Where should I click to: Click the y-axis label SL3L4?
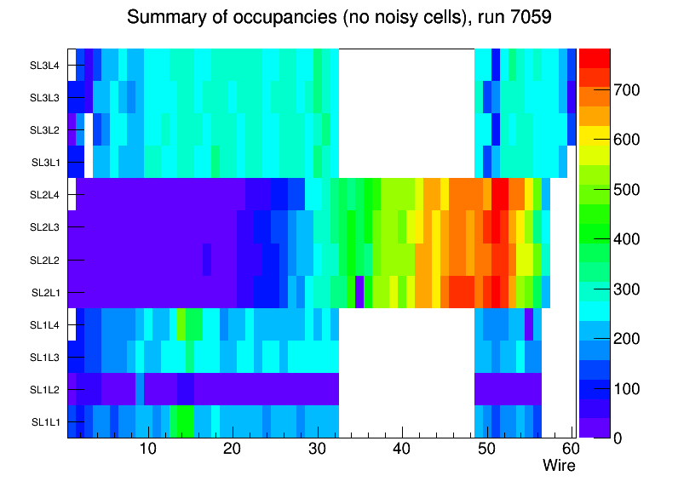point(44,66)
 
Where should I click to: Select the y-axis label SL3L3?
point(44,98)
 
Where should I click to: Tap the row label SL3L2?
point(44,130)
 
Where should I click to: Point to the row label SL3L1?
point(46,163)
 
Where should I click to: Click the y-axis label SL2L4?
point(44,195)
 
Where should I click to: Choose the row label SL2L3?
point(44,227)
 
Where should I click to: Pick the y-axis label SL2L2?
point(44,260)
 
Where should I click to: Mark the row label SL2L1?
point(46,293)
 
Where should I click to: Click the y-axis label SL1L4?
point(44,325)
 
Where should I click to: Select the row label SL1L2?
point(44,390)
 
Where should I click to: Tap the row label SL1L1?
point(46,422)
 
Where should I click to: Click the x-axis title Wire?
point(559,466)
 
